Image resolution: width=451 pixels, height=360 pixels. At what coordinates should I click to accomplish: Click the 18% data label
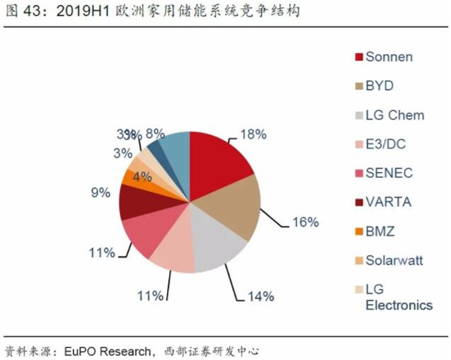tap(253, 135)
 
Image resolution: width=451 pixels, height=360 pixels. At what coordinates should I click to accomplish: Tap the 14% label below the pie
tap(261, 296)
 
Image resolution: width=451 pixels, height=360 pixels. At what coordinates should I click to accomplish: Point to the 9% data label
tap(100, 192)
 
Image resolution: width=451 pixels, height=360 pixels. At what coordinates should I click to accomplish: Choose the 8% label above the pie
tap(155, 134)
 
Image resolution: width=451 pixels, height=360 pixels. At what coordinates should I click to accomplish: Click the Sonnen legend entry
tap(389, 57)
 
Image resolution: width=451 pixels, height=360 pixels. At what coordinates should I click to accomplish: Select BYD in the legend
tap(379, 86)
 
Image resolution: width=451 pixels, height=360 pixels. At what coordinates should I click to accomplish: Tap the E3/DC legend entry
tap(385, 145)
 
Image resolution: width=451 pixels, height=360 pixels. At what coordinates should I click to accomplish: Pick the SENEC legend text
tap(389, 173)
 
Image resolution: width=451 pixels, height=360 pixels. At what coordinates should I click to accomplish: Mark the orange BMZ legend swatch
tap(359, 232)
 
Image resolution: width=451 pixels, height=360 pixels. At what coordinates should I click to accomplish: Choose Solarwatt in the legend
tap(394, 261)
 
